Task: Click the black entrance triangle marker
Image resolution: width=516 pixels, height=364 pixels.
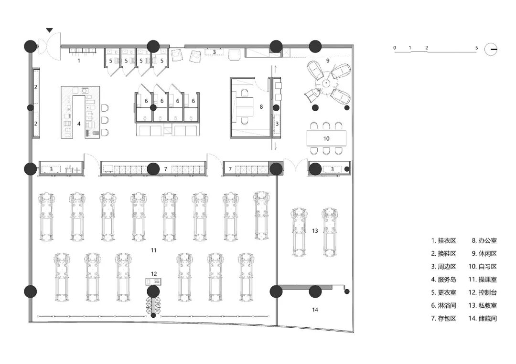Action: coord(49,31)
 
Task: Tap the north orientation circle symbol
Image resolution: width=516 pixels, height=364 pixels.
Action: coord(491,49)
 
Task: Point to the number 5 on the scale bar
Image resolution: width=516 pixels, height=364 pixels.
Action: coord(476,48)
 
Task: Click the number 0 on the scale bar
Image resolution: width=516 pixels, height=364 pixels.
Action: coord(395,48)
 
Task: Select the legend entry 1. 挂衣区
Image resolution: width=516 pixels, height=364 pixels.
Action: coord(443,241)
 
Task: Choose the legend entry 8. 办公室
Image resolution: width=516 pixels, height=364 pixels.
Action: coord(484,241)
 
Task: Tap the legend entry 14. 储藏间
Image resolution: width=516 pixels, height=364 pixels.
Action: coord(483,318)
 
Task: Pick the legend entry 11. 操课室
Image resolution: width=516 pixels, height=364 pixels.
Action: coord(483,280)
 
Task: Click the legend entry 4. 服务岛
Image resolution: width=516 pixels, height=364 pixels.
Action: coord(443,280)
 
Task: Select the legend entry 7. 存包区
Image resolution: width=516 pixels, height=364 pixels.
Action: coord(443,318)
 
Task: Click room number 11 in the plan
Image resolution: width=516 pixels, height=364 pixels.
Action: coord(153,250)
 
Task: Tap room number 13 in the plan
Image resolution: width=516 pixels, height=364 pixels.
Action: coord(315,231)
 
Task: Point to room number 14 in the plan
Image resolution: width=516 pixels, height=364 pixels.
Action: coord(315,310)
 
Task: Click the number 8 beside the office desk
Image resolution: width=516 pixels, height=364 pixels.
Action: coord(261,107)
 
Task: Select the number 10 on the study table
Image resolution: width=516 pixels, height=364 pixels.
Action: coord(326,138)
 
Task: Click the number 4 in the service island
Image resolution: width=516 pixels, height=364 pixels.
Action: coord(79,124)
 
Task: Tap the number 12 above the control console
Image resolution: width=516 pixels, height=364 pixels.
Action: coord(153,274)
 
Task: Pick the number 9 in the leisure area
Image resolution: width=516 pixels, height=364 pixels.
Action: coord(328,61)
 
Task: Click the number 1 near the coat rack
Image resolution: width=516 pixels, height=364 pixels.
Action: coord(79,61)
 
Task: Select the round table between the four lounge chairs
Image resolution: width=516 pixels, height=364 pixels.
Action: coord(325,83)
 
